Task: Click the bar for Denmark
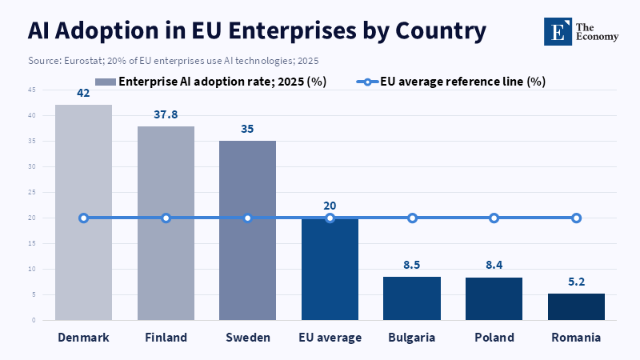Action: click(x=84, y=212)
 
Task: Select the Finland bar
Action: click(x=166, y=223)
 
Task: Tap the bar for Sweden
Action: click(x=247, y=230)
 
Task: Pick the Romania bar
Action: click(x=576, y=307)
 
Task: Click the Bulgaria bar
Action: click(x=412, y=298)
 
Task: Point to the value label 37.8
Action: click(x=166, y=114)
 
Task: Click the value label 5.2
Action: click(x=576, y=282)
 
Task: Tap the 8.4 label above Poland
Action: click(x=494, y=265)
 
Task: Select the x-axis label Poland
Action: click(x=494, y=338)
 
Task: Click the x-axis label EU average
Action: click(x=330, y=338)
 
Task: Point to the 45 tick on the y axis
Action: click(x=32, y=90)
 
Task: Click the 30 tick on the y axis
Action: click(x=32, y=166)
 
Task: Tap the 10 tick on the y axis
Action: click(x=32, y=269)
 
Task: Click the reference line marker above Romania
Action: click(x=576, y=218)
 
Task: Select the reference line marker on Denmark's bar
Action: click(x=84, y=218)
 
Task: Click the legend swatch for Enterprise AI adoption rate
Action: click(x=106, y=82)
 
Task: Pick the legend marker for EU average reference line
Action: click(x=367, y=82)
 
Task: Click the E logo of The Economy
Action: click(x=558, y=31)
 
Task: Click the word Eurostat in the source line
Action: click(x=84, y=61)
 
